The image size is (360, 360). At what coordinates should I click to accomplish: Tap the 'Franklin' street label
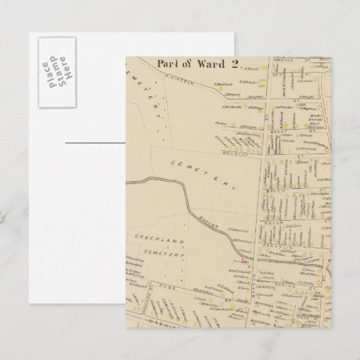275,246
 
